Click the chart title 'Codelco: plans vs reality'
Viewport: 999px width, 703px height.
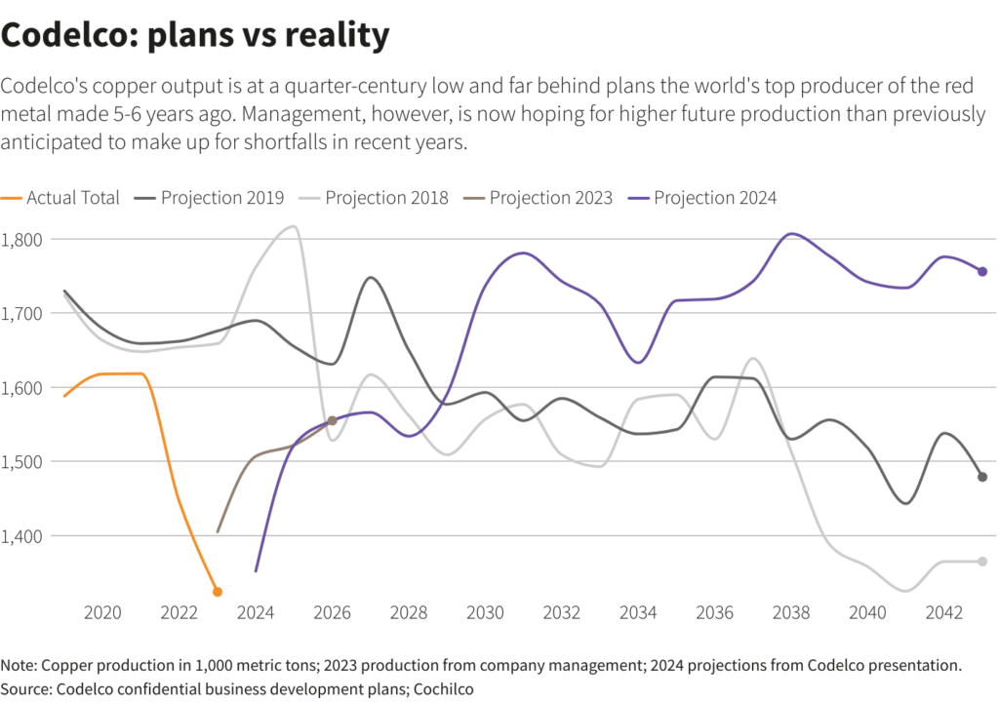[x=195, y=35]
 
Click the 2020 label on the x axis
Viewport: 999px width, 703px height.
[x=102, y=613]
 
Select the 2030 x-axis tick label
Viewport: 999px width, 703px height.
[x=485, y=613]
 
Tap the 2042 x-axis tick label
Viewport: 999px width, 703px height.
[x=944, y=613]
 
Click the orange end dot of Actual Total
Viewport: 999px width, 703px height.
[x=218, y=592]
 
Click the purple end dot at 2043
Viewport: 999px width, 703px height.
[x=982, y=272]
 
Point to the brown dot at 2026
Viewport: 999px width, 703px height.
[x=332, y=420]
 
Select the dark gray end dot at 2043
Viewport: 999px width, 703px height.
[x=982, y=477]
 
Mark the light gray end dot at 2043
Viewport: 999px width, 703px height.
[x=982, y=561]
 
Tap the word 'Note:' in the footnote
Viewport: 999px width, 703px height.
[x=20, y=666]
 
